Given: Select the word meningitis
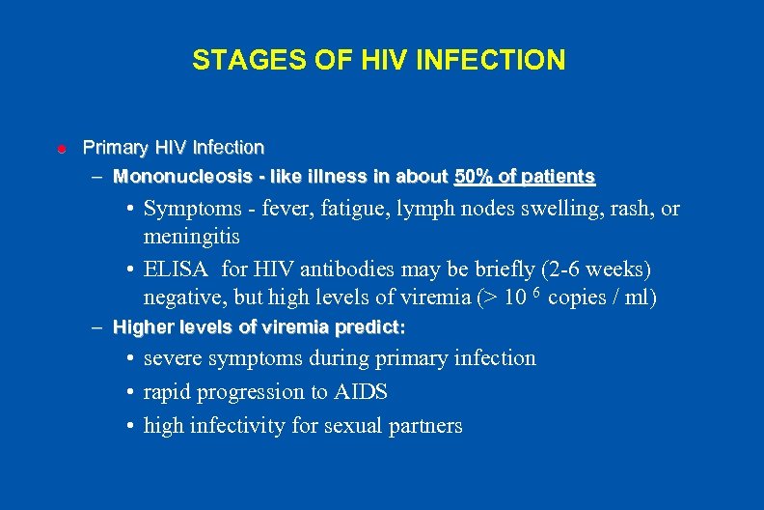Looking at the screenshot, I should tap(192, 237).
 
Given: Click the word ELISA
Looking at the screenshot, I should tap(177, 269).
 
